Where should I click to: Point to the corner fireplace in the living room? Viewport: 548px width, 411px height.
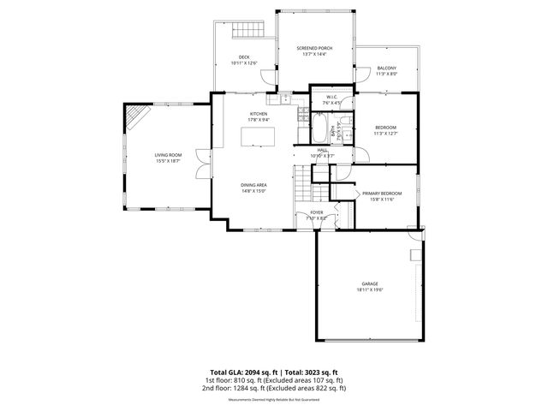click(x=135, y=116)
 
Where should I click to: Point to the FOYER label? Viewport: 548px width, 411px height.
click(x=317, y=212)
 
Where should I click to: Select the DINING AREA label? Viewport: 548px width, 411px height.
click(x=255, y=186)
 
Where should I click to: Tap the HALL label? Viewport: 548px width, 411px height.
click(x=322, y=151)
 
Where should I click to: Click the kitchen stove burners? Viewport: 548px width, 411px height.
click(x=302, y=114)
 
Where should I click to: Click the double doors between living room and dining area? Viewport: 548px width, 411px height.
click(x=202, y=163)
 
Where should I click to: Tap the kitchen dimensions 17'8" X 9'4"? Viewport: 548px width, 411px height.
click(x=259, y=119)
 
